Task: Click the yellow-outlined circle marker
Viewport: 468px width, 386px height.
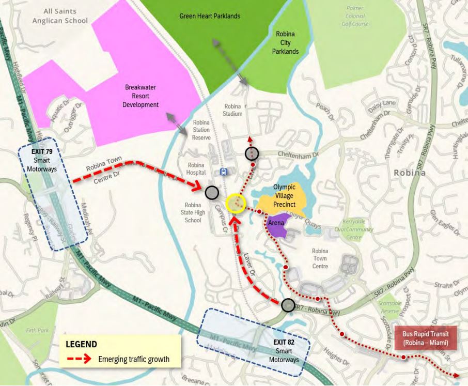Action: coord(236,203)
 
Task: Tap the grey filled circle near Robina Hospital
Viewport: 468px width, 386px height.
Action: coord(212,193)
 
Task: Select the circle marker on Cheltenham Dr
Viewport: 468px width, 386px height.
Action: coord(252,153)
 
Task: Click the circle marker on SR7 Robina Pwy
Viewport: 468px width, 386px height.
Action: coord(288,306)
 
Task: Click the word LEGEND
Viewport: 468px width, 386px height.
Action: coord(81,344)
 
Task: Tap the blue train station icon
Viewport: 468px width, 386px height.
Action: coord(223,172)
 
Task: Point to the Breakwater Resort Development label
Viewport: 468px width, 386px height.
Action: coord(140,96)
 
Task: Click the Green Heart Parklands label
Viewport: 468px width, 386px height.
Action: coord(210,16)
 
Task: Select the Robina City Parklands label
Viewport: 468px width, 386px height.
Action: coord(287,43)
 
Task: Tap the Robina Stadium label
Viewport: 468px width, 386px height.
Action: coord(233,110)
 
